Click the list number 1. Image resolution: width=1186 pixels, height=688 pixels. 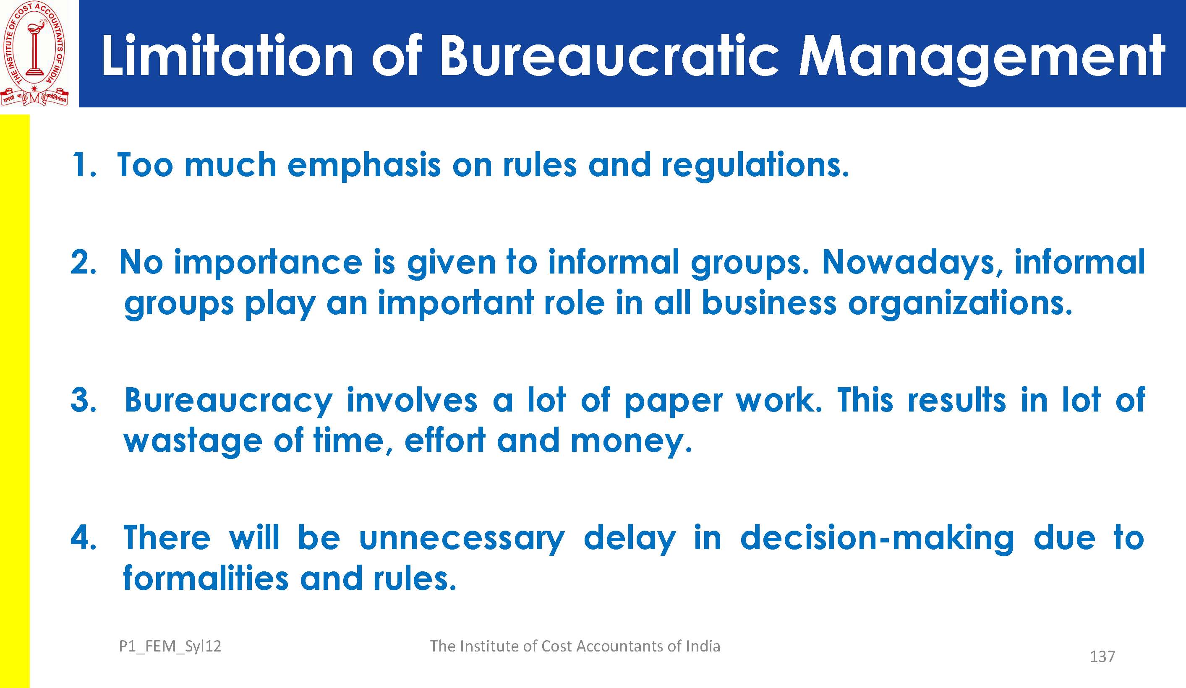pos(83,165)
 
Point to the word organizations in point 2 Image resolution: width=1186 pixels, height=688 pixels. pos(960,304)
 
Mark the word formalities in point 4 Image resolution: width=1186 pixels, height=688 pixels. pos(206,578)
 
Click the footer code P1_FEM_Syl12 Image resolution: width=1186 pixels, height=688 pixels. pos(170,646)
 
